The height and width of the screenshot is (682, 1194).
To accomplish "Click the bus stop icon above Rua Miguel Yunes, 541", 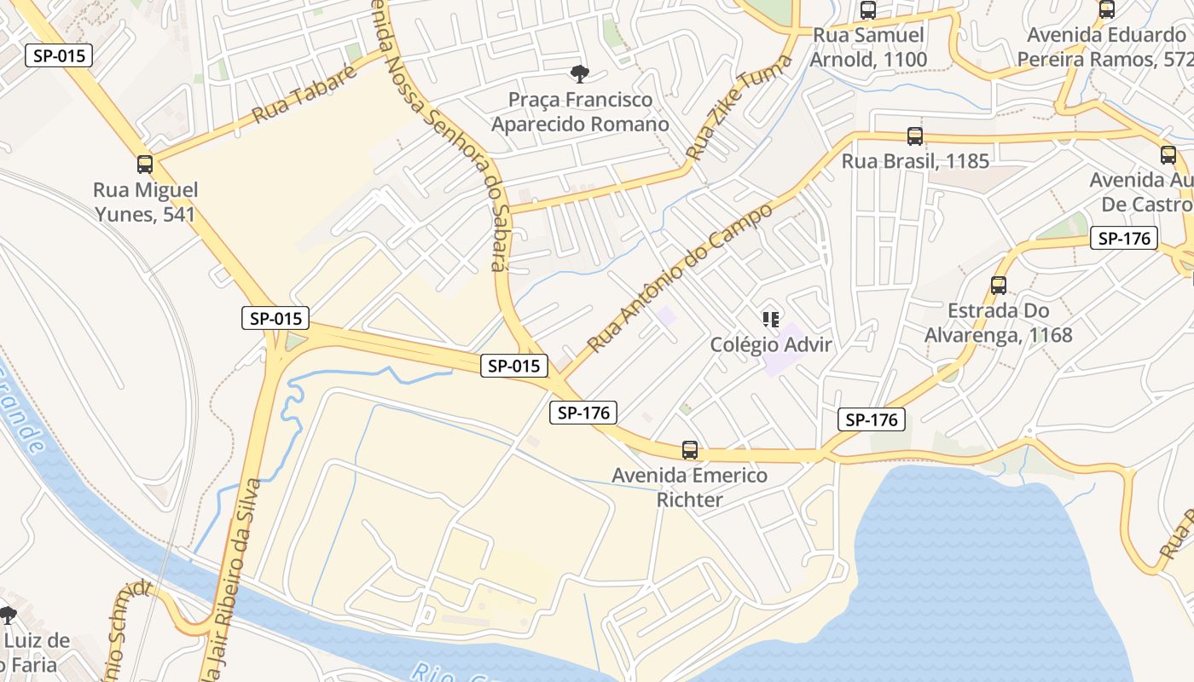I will coord(145,165).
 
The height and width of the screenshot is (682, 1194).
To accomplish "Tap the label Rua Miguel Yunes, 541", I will coord(145,202).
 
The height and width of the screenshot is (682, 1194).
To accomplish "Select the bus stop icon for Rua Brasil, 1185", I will coord(915,136).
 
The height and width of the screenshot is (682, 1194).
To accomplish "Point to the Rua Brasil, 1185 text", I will coord(915,161).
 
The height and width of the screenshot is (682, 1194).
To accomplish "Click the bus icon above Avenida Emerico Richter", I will coord(690,450).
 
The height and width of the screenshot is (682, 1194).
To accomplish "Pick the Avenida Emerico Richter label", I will coord(690,488).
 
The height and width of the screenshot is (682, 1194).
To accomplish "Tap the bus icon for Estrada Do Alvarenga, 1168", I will coord(999,286).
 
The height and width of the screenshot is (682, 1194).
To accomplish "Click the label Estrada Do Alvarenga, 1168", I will coord(999,322).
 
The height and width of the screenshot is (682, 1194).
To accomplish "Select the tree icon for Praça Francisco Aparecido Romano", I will coord(580,74).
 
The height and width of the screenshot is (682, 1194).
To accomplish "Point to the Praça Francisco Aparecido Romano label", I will coord(580,112).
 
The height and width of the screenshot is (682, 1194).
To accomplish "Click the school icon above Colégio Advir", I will coord(771,321).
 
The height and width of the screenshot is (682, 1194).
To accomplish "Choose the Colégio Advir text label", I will coord(771,345).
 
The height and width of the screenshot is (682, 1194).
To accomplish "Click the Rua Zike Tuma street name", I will coord(739,107).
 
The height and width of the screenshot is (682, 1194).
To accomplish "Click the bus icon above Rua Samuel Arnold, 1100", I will coord(868,10).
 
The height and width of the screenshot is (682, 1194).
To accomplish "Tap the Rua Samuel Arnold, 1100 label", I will coord(868,48).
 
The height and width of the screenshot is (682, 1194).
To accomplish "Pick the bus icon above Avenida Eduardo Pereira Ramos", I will coord(1107,10).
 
